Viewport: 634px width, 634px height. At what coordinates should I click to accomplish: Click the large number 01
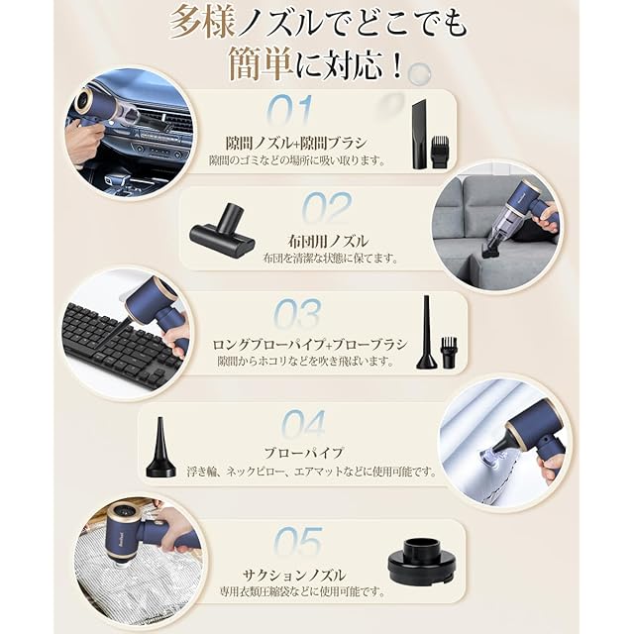coord(290,111)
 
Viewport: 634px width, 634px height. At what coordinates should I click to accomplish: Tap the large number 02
coord(327,208)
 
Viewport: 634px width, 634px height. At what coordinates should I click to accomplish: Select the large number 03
coord(298,314)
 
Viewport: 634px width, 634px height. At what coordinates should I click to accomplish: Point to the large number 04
coord(303,424)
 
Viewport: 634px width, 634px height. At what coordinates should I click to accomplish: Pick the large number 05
coord(298,542)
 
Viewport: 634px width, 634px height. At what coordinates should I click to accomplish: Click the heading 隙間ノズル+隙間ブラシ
coord(296,143)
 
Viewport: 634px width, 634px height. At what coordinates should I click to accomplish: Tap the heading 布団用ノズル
coord(328,242)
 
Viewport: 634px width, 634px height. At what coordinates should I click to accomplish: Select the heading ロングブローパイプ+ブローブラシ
coord(310,345)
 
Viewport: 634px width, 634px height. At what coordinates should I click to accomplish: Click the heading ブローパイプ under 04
coord(304,453)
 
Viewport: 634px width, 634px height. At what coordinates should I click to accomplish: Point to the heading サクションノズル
coord(294,575)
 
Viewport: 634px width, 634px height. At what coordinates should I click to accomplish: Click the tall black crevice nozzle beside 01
coord(419,134)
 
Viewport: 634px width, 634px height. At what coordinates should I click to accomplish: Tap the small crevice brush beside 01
coord(440,152)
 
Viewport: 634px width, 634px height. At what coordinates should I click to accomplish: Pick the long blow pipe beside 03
coord(427,333)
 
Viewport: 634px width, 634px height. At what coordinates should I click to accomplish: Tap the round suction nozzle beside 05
coord(422,561)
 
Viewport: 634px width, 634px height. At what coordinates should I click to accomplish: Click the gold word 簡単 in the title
coord(260,63)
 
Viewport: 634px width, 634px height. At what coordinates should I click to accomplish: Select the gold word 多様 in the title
coord(202,23)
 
